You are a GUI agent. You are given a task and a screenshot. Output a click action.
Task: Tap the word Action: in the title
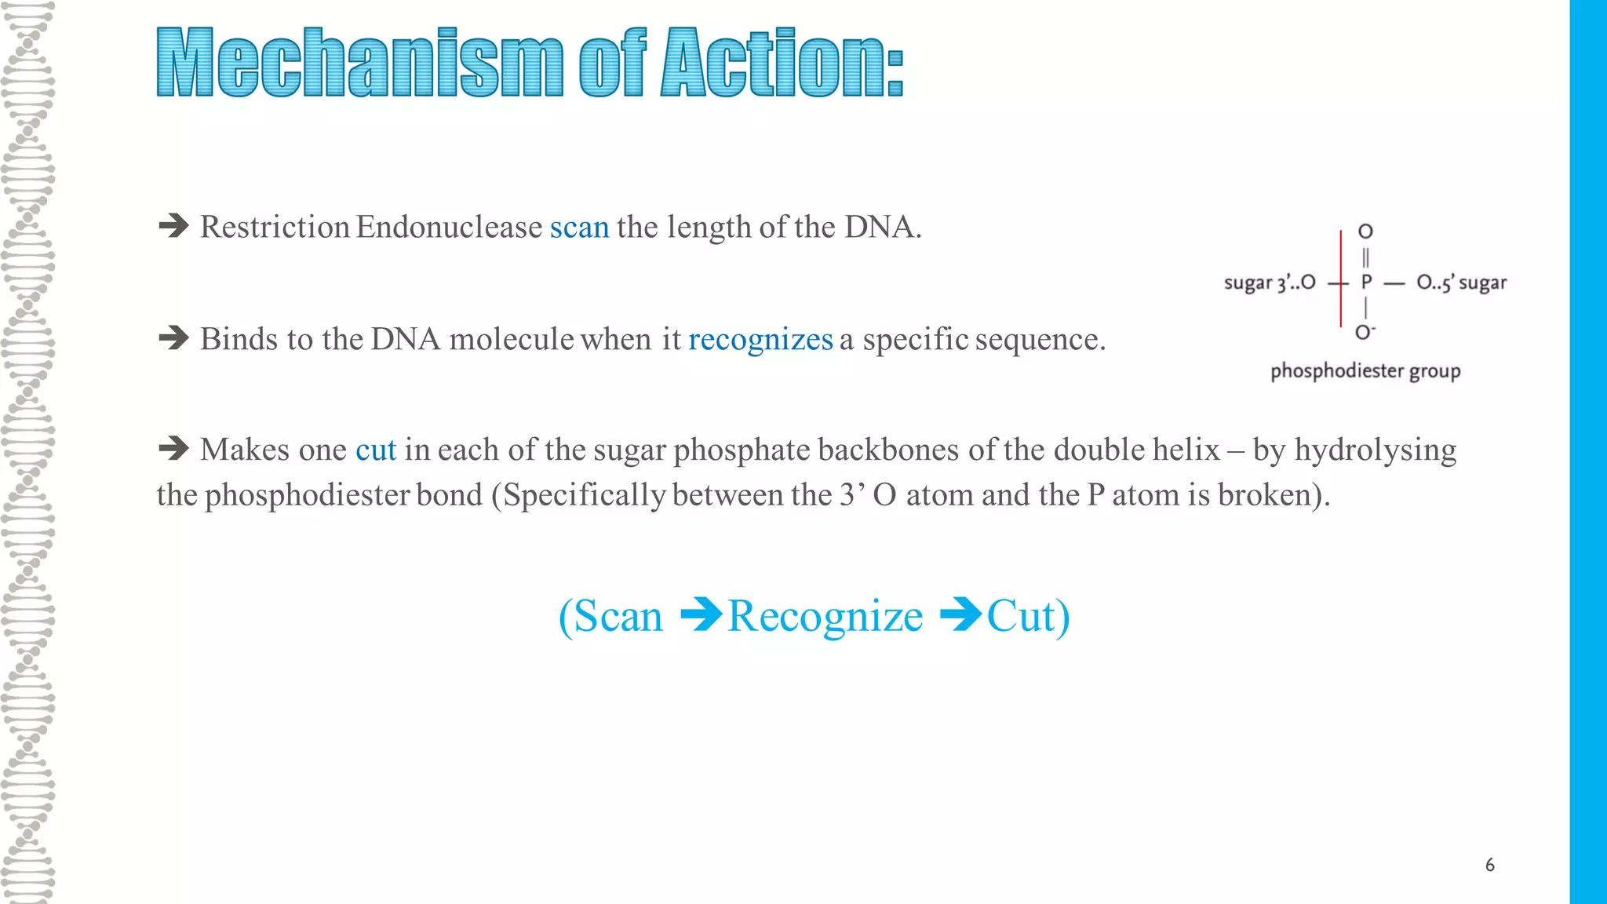[782, 63]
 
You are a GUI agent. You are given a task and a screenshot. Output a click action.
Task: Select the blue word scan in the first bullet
[579, 228]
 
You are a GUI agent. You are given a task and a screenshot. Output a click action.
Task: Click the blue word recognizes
[760, 340]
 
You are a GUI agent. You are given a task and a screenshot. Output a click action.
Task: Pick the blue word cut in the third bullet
[376, 450]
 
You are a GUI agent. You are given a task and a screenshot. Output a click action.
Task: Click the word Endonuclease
[449, 228]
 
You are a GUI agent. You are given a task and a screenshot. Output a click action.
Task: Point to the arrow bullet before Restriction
[173, 227]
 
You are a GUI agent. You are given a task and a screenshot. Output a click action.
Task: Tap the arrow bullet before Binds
[173, 339]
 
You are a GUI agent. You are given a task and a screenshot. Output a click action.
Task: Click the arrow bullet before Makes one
[173, 450]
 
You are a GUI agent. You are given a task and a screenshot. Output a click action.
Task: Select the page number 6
[1489, 866]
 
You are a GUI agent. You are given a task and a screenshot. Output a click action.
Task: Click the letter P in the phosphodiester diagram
[1366, 282]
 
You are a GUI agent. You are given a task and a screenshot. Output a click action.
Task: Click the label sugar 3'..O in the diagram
[1270, 283]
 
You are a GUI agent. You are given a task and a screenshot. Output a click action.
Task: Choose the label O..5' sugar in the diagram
[1461, 283]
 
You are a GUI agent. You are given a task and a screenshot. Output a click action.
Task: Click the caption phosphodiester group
[1365, 371]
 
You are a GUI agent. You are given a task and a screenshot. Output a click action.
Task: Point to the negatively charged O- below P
[1365, 333]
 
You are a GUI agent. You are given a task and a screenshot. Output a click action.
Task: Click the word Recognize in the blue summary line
[825, 617]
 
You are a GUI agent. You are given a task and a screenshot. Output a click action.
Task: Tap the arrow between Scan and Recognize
[701, 615]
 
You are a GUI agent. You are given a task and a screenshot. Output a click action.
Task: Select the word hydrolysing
[1375, 450]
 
